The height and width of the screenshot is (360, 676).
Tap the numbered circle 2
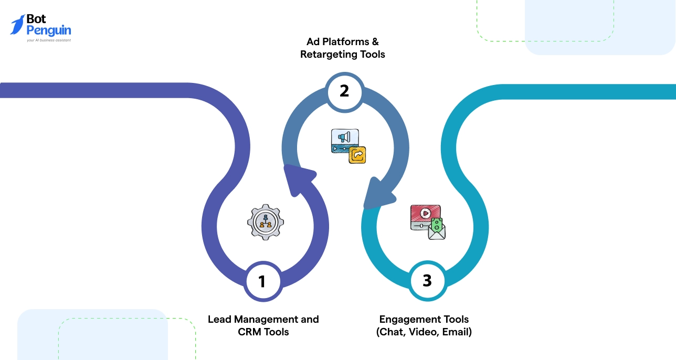click(x=344, y=91)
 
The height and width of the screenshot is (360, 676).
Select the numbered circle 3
click(x=427, y=281)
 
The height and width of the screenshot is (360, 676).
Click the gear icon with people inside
click(x=266, y=223)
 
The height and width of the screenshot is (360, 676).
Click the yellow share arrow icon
click(x=357, y=155)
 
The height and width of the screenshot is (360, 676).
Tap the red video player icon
click(x=425, y=215)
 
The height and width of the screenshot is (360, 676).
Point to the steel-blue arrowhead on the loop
click(x=379, y=193)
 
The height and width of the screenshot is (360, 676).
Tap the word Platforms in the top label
click(x=345, y=41)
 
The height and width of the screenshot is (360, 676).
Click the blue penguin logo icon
click(x=17, y=24)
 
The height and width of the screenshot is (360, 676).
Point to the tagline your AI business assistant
click(x=48, y=40)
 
